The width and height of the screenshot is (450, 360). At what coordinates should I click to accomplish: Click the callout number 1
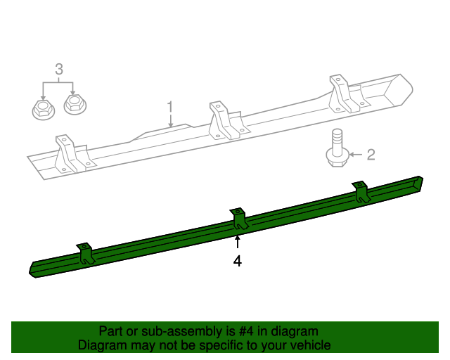pyautogui.click(x=169, y=107)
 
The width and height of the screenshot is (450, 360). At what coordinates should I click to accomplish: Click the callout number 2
pyautogui.click(x=371, y=154)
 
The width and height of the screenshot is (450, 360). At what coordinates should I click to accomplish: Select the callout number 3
pyautogui.click(x=59, y=69)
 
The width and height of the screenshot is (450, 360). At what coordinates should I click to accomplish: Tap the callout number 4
pyautogui.click(x=238, y=261)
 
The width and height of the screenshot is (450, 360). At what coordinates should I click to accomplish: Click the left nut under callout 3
pyautogui.click(x=41, y=108)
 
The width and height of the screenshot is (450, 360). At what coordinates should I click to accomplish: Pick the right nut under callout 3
pyautogui.click(x=73, y=105)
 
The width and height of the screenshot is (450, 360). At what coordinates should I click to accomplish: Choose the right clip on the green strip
pyautogui.click(x=361, y=192)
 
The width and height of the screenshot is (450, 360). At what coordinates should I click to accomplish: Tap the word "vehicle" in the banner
pyautogui.click(x=308, y=345)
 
